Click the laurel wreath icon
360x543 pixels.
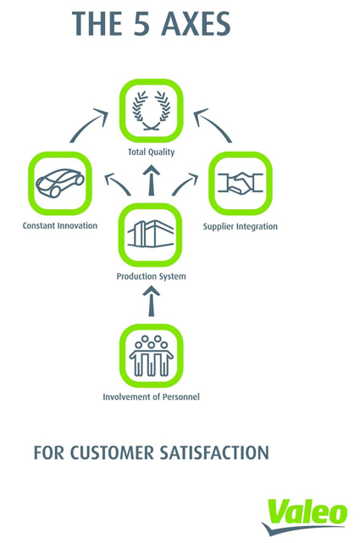152,110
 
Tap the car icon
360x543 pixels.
60,183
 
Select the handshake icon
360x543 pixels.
241,182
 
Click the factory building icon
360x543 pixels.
151,234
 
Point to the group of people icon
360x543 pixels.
151,356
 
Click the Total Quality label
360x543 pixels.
152,152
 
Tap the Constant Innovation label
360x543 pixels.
60,226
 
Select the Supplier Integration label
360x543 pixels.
241,226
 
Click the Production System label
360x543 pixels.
151,276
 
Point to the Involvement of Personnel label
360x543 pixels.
152,396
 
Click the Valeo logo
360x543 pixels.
305,517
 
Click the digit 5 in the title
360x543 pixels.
141,24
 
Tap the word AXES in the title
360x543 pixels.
196,24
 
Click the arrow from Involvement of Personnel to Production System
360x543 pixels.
152,301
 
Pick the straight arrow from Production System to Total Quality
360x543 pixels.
152,180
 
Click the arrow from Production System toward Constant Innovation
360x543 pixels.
117,183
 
